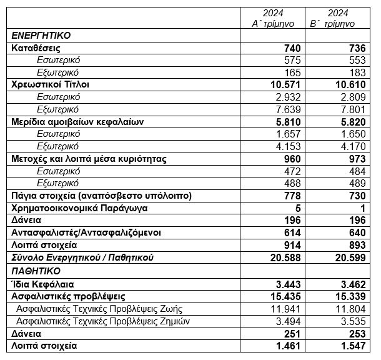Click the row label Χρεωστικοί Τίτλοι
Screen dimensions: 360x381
[51, 84]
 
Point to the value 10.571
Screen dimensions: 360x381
[283, 84]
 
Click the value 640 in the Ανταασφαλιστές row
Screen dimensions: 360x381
[354, 232]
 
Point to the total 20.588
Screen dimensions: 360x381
[283, 257]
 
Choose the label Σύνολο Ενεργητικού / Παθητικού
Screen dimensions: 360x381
[83, 257]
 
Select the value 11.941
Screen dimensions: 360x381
[285, 308]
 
